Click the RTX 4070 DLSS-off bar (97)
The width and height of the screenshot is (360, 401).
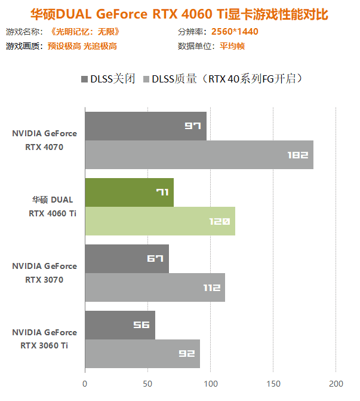click(x=146, y=126)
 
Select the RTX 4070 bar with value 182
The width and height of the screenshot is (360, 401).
click(x=199, y=155)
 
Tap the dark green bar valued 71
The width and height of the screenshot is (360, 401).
click(x=129, y=192)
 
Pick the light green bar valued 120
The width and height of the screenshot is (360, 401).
click(x=160, y=221)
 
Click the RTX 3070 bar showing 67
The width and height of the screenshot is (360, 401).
click(x=127, y=259)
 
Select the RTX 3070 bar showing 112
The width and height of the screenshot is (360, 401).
click(x=155, y=287)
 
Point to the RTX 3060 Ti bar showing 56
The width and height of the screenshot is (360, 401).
click(x=120, y=325)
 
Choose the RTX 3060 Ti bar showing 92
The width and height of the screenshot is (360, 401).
click(x=142, y=354)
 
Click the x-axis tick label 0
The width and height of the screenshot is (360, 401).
click(x=85, y=383)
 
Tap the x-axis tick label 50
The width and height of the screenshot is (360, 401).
click(x=147, y=383)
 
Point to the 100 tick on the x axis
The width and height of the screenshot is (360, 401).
click(x=210, y=383)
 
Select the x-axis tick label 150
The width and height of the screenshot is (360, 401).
click(x=273, y=383)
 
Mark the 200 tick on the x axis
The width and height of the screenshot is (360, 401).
click(x=336, y=383)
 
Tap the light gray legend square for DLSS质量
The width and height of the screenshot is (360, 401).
click(x=146, y=79)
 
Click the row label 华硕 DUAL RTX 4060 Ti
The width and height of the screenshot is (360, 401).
click(x=54, y=207)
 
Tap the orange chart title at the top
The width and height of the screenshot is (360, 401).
click(x=180, y=13)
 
